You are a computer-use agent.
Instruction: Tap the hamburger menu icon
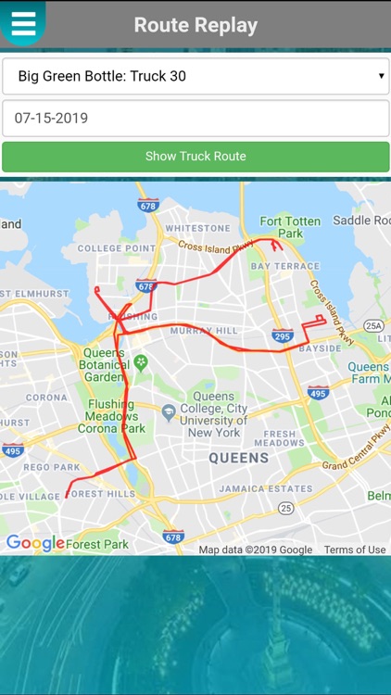click(23, 23)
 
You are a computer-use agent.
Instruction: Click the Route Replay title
click(195, 25)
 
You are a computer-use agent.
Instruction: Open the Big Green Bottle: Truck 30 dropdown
click(195, 76)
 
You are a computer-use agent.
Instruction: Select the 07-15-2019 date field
click(195, 119)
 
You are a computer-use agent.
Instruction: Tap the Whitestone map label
click(197, 228)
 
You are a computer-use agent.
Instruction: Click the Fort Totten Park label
click(290, 227)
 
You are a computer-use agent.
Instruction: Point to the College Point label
click(112, 248)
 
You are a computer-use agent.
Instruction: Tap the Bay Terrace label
click(284, 266)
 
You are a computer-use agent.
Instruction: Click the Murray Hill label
click(205, 330)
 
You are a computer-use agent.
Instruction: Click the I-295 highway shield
click(283, 335)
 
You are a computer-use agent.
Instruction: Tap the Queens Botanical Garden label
click(104, 365)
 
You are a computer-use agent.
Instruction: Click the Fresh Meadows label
click(281, 438)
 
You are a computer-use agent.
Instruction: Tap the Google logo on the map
click(35, 543)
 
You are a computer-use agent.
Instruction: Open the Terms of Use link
click(355, 550)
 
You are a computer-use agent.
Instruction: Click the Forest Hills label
click(100, 494)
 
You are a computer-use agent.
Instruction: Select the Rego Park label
click(52, 467)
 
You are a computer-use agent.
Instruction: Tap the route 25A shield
click(373, 325)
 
